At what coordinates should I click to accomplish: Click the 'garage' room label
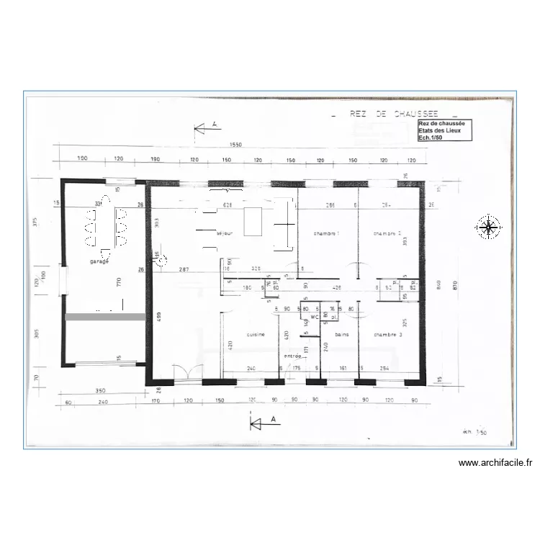[99, 262]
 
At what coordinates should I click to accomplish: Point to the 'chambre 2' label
[387, 234]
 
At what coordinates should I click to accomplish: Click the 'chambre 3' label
[387, 335]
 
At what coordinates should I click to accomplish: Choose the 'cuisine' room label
[256, 335]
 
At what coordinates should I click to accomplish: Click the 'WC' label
[305, 317]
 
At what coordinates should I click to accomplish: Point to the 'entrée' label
[292, 356]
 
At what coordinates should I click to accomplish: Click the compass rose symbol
[489, 228]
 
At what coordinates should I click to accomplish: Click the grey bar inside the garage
[105, 316]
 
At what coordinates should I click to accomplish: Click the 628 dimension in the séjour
[228, 206]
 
